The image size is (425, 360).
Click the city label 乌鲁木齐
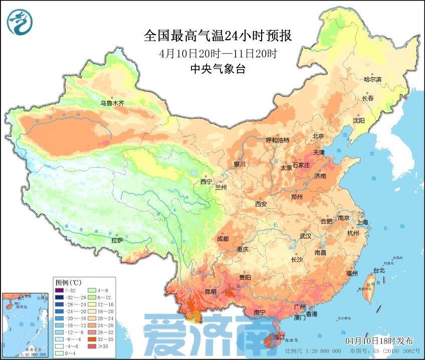pos(111,103)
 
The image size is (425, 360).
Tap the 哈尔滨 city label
pos(372,79)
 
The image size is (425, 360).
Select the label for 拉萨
pos(117,240)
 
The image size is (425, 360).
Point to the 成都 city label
pos(223,239)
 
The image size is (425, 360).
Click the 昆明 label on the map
pos(210,291)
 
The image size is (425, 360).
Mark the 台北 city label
pos(378,270)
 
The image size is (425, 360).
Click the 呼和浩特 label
pos(277,140)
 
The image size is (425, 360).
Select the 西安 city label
pos(261,204)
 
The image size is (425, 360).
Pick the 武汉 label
pos(305,236)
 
